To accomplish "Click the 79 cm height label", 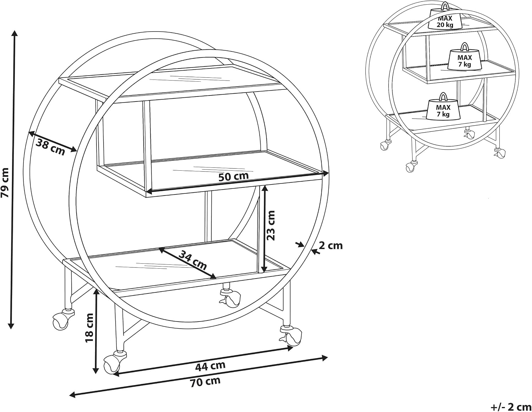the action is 5,182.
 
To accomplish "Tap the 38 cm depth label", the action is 51,147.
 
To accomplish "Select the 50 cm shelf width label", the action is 233,176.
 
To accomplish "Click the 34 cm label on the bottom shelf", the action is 193,260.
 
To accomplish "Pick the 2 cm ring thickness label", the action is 331,246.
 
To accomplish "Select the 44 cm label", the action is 210,366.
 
